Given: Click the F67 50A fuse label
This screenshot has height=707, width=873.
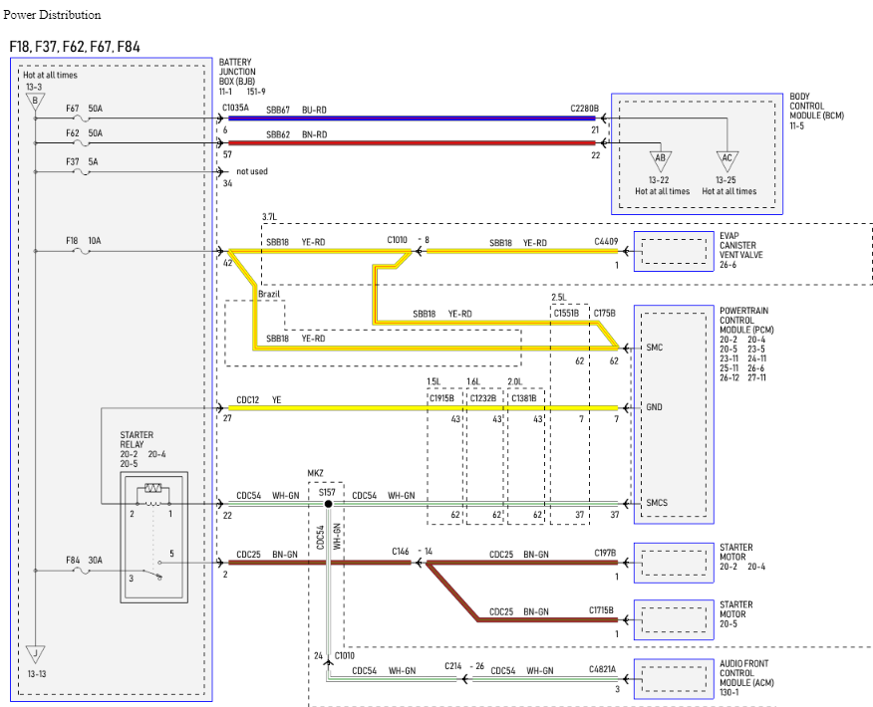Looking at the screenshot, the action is click(x=84, y=109).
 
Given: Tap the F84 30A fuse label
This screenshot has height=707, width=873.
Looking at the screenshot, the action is click(x=84, y=561).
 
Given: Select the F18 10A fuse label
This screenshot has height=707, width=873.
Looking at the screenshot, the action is click(x=84, y=241).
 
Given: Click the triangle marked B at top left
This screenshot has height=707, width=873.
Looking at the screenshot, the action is click(x=35, y=102).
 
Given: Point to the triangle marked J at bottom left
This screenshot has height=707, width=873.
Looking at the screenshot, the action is click(x=35, y=653).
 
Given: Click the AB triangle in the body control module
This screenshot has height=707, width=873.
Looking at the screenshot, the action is click(x=661, y=159).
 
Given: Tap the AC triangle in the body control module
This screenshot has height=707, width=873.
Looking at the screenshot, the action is click(x=727, y=159).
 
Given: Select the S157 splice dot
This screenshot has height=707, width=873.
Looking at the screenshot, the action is click(x=329, y=504).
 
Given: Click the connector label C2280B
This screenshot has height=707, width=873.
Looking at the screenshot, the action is click(x=585, y=109).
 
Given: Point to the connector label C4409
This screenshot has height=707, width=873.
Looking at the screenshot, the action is click(x=606, y=241).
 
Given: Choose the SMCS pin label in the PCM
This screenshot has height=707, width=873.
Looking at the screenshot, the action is click(x=657, y=503).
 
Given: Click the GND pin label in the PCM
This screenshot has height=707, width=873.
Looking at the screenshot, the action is click(x=654, y=407).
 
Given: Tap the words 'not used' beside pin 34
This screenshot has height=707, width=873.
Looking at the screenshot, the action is click(x=252, y=171).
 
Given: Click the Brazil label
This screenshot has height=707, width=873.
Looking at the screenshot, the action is click(x=269, y=294).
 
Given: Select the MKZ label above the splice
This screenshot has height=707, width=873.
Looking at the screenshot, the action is click(x=315, y=473).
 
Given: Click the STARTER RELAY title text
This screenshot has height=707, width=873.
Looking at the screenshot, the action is click(x=137, y=439).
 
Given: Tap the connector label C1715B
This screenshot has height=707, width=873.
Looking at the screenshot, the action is click(x=601, y=610).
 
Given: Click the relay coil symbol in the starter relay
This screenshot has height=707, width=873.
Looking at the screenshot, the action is click(x=153, y=488).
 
